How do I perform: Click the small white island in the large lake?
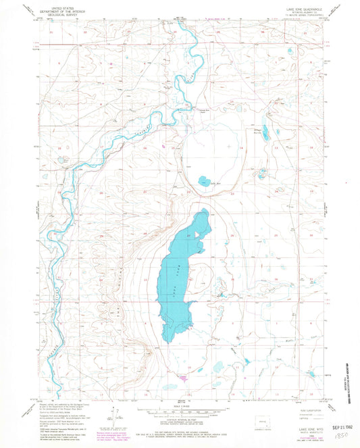click(x=197, y=234)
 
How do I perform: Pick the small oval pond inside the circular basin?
click(x=204, y=180)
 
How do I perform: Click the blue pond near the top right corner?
click(x=290, y=51)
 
